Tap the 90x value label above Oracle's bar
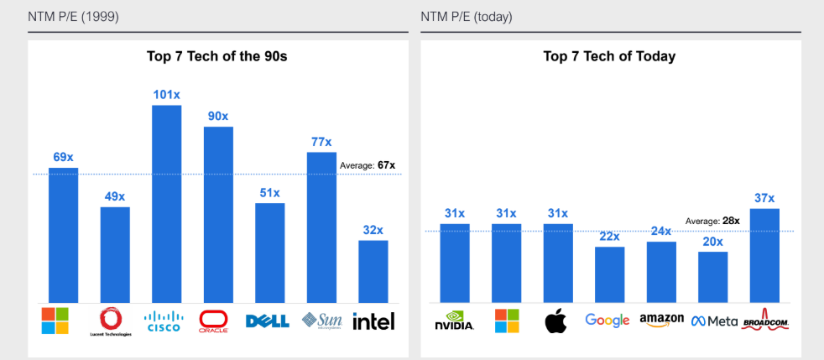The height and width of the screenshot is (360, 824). tap(218, 116)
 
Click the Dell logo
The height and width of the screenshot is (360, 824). tap(268, 321)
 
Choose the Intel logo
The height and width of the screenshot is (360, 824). tap(373, 321)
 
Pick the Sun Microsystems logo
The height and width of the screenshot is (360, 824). tap(321, 321)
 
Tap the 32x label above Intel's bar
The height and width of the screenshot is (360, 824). tap(373, 230)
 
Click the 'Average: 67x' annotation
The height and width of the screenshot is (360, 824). tap(367, 165)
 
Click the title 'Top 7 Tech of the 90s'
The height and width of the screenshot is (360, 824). tap(218, 57)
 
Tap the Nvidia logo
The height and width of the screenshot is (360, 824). tap(455, 321)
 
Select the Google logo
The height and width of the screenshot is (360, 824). tap(608, 321)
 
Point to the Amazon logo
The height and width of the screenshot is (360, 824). tap(661, 321)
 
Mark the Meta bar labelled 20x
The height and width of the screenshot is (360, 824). tap(712, 277)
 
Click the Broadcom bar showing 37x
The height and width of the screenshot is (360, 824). tap(764, 256)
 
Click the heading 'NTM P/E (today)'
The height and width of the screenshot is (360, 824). tap(467, 17)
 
